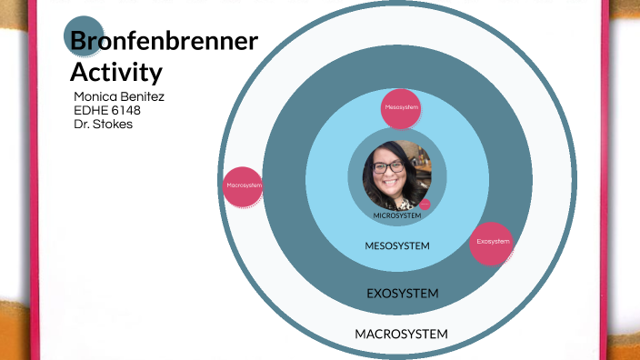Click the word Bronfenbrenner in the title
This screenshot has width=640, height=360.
tap(165, 42)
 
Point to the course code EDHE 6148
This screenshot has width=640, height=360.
tap(107, 111)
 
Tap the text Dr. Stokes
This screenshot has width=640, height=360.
tap(103, 125)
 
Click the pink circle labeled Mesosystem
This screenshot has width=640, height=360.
tap(400, 108)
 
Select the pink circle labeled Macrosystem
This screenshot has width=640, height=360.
tap(243, 185)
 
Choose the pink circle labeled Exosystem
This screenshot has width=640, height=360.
tap(492, 243)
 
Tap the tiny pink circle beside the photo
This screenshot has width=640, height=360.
tap(424, 205)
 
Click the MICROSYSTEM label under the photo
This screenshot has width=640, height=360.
tap(397, 216)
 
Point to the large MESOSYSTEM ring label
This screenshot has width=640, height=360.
tap(397, 246)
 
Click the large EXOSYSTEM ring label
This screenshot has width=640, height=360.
tap(402, 294)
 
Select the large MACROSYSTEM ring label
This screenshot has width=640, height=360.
tap(401, 334)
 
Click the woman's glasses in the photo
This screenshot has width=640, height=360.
tap(389, 167)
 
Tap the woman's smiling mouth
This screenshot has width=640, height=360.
tap(390, 182)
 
